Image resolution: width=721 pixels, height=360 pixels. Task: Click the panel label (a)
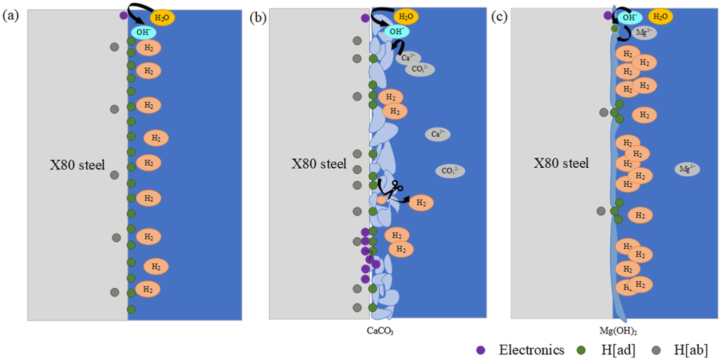(x=11, y=16)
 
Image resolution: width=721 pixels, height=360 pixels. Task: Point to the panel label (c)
(x=499, y=16)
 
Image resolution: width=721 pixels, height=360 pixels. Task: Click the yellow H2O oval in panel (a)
(x=162, y=17)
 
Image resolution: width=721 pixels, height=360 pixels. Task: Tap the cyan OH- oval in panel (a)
(x=143, y=33)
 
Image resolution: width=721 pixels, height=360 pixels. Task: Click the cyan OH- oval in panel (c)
(x=630, y=17)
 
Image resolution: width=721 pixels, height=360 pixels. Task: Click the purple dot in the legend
(x=480, y=350)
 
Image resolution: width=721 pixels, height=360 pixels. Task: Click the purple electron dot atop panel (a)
(x=124, y=15)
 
